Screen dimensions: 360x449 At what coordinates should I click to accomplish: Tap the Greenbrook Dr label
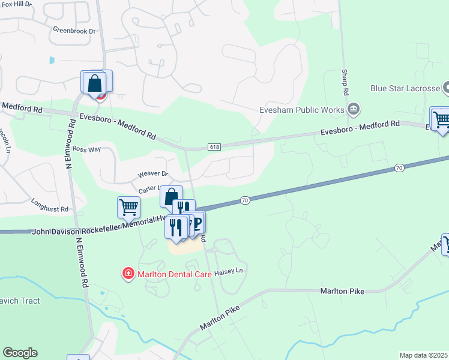click(x=74, y=31)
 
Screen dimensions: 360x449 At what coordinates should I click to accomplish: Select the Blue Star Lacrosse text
click(x=405, y=89)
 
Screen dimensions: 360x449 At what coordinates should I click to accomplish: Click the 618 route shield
click(x=214, y=146)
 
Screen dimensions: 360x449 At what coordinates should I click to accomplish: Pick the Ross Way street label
click(x=85, y=149)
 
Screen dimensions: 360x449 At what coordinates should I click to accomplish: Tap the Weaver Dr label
click(x=154, y=174)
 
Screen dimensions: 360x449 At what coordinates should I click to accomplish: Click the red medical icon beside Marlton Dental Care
click(x=127, y=274)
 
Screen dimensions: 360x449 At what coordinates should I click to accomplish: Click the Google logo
click(x=20, y=353)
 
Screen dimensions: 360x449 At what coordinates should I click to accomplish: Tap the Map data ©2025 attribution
click(x=423, y=355)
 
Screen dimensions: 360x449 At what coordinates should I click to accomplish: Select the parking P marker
click(x=197, y=222)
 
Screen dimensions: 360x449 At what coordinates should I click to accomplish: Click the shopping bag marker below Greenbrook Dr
click(x=95, y=83)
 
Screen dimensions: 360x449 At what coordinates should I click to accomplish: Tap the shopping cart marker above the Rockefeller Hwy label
click(x=128, y=208)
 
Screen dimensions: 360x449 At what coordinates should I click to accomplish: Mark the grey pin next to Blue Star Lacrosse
click(x=447, y=88)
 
